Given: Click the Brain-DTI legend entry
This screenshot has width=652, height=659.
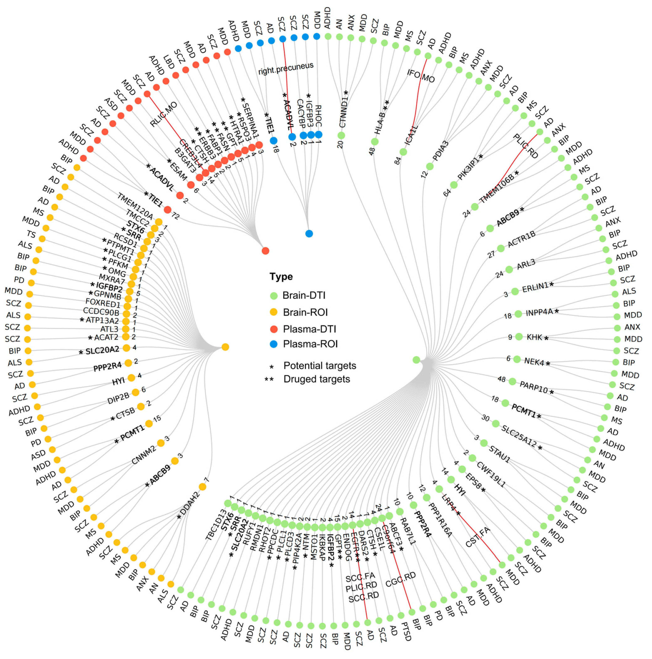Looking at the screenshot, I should [303, 295].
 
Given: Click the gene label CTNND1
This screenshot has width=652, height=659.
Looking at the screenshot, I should [344, 112].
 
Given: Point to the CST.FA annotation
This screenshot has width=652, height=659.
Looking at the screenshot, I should [478, 538].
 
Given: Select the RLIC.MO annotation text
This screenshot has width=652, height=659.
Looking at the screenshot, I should [164, 114].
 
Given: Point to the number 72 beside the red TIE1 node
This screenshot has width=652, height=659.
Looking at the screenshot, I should [175, 215].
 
